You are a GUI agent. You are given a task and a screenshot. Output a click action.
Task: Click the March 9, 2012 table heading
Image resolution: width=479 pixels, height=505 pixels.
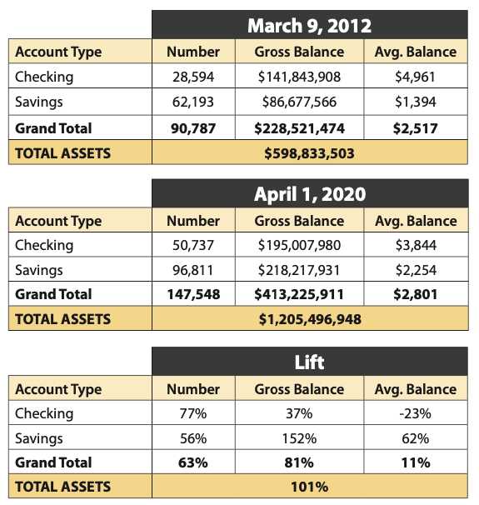[309, 26]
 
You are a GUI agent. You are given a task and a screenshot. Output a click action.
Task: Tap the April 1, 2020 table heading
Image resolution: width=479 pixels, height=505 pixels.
[310, 194]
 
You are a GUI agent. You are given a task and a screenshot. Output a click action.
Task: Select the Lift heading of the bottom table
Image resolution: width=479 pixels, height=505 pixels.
[309, 362]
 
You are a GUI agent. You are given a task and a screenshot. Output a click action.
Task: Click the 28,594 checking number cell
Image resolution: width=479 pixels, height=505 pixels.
[193, 77]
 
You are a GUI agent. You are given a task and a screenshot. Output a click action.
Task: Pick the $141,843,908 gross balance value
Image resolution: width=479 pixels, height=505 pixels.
[299, 77]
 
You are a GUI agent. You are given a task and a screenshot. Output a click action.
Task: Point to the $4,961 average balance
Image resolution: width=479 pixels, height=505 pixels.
[415, 77]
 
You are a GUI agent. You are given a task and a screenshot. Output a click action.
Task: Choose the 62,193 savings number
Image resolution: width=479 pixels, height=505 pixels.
[193, 102]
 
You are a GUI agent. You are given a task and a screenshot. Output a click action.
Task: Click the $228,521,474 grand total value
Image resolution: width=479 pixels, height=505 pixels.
[299, 128]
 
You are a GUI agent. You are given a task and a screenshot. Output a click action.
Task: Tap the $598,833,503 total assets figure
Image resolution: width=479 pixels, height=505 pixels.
[309, 153]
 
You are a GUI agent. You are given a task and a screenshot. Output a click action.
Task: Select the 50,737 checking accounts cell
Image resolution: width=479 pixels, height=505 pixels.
[193, 245]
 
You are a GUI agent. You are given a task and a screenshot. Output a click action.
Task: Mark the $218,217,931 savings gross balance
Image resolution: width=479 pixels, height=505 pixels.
[299, 270]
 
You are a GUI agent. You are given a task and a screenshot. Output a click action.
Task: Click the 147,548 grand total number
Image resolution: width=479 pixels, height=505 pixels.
[193, 294]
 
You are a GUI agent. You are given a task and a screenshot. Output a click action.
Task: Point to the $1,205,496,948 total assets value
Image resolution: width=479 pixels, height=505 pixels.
[310, 319]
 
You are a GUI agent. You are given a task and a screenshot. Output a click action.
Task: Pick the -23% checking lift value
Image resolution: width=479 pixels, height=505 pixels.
[415, 413]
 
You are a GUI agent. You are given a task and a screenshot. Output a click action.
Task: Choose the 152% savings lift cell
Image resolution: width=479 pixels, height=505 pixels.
[299, 438]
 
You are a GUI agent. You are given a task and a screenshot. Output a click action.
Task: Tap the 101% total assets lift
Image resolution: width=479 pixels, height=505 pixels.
[309, 487]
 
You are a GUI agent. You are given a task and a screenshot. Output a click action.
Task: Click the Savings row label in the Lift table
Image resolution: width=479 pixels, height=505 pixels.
[39, 438]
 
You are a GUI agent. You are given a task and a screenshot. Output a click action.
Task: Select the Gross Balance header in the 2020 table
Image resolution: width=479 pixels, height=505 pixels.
[299, 221]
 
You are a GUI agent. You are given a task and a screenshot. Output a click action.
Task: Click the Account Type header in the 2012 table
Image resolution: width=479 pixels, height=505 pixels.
[58, 52]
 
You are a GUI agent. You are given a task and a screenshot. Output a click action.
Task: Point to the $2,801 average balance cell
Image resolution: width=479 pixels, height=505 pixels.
[416, 294]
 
